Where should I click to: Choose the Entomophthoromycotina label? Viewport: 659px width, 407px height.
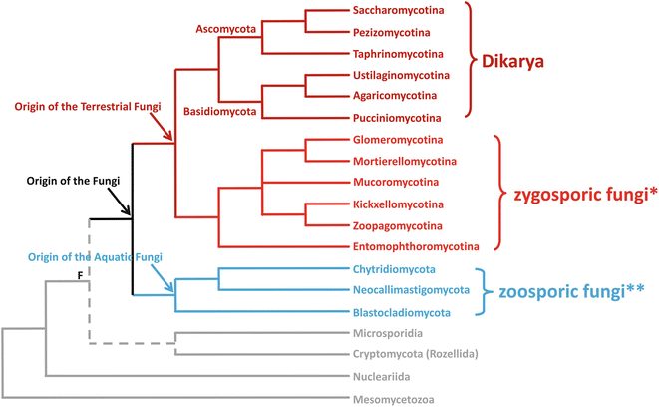pyautogui.click(x=417, y=246)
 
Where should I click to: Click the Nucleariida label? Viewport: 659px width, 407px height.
pyautogui.click(x=381, y=377)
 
